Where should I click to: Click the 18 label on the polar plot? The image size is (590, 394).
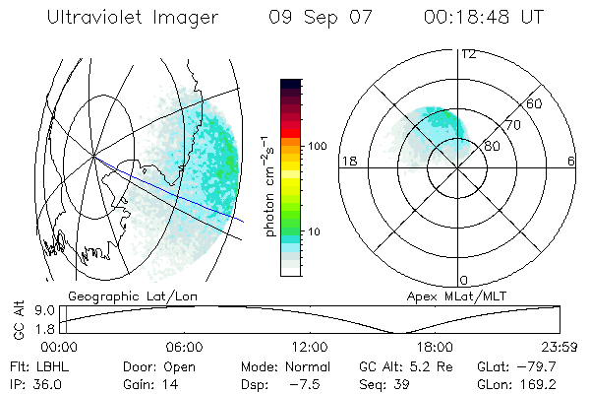(347, 162)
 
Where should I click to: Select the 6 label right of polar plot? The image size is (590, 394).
(571, 162)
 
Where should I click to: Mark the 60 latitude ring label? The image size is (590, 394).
(535, 103)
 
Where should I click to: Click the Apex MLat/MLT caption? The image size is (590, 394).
(450, 295)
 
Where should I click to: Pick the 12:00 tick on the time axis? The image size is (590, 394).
(310, 347)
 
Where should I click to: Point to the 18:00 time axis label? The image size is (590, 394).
(435, 347)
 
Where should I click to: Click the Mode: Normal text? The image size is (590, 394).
(278, 366)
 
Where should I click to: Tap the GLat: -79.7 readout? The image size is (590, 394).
(517, 366)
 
